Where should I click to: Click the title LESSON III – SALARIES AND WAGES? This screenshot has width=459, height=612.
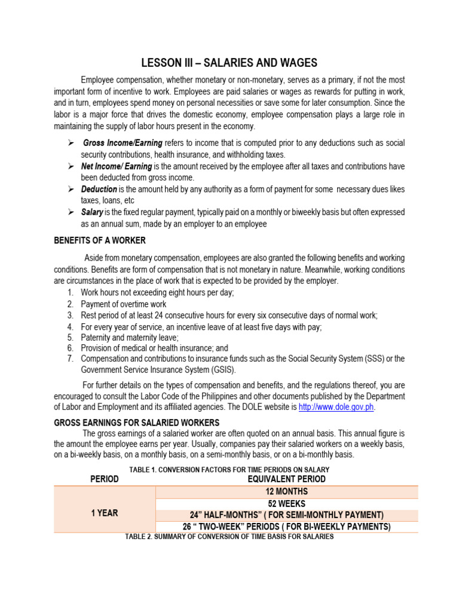tap(229, 63)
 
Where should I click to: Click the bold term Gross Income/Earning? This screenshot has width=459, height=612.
tap(123, 143)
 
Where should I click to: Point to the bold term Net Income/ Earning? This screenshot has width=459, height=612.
tap(117, 166)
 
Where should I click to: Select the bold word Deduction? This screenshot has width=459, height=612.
tap(99, 189)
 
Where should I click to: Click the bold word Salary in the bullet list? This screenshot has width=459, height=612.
tap(92, 212)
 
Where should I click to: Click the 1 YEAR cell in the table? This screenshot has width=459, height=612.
tap(105, 512)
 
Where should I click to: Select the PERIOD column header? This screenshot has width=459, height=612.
tap(105, 479)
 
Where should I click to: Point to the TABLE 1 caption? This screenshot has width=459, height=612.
tap(229, 470)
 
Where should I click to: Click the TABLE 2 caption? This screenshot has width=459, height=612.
tap(229, 537)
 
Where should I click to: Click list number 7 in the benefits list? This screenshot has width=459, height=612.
tap(70, 359)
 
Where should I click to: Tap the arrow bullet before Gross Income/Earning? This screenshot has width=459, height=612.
tap(70, 143)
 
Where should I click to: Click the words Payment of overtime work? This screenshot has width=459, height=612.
tap(124, 304)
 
